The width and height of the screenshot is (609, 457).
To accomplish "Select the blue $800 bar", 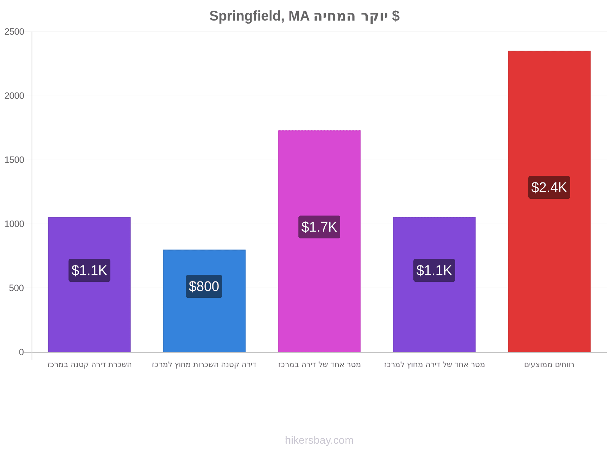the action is coord(204,301).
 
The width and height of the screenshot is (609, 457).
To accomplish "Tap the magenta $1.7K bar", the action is coord(319,241).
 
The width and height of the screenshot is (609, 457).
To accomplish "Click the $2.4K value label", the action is coord(549,187).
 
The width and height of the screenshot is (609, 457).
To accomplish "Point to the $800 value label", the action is coord(204,286).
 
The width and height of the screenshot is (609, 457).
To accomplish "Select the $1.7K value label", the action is coord(319,227).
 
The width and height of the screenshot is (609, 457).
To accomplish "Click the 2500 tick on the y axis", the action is coord(14,32).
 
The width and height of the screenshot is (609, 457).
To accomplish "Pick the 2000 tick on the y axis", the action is coord(14,96).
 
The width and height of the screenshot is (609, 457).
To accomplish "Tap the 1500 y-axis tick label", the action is coord(14,160).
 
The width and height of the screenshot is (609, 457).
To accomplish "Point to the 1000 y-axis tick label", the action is coord(14,224).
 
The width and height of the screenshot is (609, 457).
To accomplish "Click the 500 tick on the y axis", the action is coord(16,288).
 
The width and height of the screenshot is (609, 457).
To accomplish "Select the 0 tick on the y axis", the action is coord(21,352).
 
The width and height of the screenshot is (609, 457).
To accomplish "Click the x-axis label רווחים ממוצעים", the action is coord(549,364).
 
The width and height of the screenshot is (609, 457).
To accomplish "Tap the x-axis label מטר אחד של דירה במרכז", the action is coord(319,364).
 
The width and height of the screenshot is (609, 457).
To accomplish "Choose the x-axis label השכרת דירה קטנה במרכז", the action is coord(89,364).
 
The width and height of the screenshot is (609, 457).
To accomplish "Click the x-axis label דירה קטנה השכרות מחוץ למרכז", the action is coord(204,364).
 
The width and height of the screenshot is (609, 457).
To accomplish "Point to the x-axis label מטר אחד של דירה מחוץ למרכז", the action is coord(434,364).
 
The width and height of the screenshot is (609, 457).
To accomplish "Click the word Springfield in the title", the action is coord(247,16).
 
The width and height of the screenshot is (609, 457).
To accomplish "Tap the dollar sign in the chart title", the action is coord(395,16).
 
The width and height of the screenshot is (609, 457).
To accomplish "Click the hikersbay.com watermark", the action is coord(319,440).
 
